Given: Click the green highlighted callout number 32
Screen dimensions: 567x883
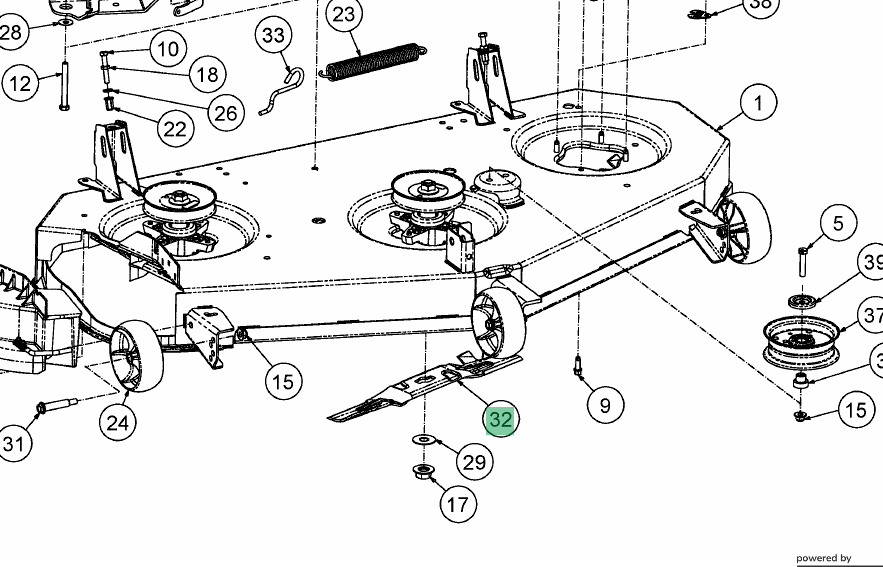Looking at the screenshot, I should click(500, 419).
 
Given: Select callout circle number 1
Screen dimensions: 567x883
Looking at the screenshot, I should click(759, 103).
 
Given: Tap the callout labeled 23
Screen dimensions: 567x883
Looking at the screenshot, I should click(343, 15).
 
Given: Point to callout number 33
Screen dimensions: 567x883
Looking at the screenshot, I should click(273, 36).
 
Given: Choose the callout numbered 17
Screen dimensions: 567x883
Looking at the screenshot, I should click(457, 504).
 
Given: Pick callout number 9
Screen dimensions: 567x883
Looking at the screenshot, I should click(604, 404).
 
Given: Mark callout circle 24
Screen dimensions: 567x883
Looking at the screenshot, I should click(118, 423).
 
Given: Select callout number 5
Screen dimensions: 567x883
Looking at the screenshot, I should click(838, 224).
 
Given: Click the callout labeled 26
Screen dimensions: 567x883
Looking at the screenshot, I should click(226, 111).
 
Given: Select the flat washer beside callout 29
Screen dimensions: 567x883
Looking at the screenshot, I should click(423, 440).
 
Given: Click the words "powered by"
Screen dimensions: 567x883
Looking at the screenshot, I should click(823, 558).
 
